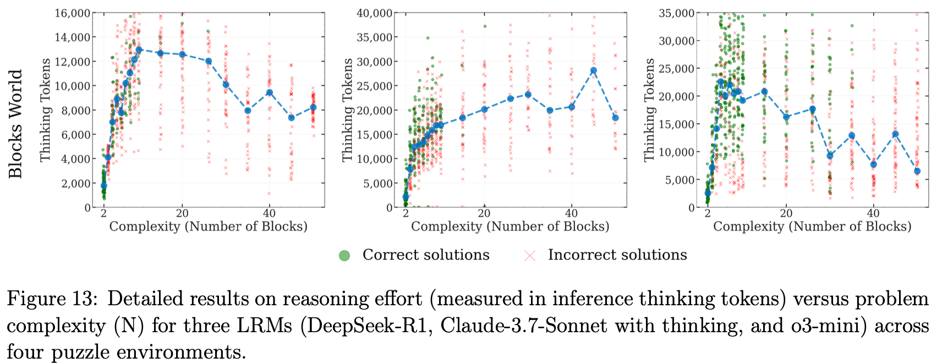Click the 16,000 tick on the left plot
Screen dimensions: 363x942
click(x=71, y=13)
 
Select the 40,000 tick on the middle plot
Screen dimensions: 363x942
click(x=374, y=13)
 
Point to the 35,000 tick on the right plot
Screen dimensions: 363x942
click(x=676, y=13)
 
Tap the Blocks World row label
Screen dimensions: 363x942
click(x=16, y=123)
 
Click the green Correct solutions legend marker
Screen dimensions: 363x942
click(x=344, y=255)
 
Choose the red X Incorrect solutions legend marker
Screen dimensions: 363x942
click(x=530, y=255)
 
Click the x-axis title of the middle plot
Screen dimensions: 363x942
click(x=510, y=227)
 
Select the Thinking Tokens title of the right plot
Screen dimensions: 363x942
click(x=650, y=110)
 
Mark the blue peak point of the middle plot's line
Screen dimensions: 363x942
click(x=593, y=70)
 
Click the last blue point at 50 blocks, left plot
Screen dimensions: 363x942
click(x=313, y=108)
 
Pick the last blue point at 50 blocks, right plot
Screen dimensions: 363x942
click(x=917, y=171)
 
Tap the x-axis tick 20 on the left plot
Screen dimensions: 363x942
click(x=182, y=213)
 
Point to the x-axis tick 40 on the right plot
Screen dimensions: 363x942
click(x=873, y=213)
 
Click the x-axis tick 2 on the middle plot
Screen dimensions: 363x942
click(x=406, y=213)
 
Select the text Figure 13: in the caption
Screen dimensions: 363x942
click(x=53, y=299)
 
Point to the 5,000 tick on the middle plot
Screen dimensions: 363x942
click(x=377, y=183)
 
